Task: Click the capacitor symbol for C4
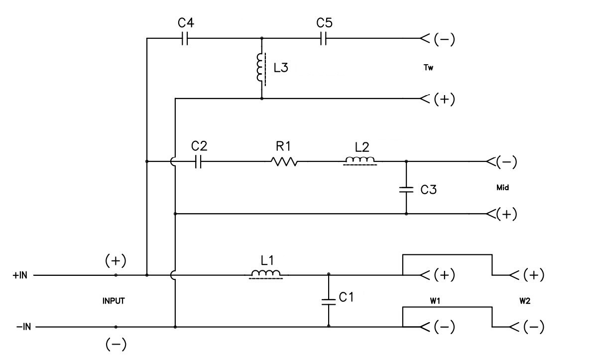tap(185, 39)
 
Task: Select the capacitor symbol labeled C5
tap(323, 39)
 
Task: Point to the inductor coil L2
tap(360, 161)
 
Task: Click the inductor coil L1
tap(266, 274)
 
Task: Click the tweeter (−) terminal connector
tap(426, 39)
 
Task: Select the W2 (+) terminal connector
tap(513, 275)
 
